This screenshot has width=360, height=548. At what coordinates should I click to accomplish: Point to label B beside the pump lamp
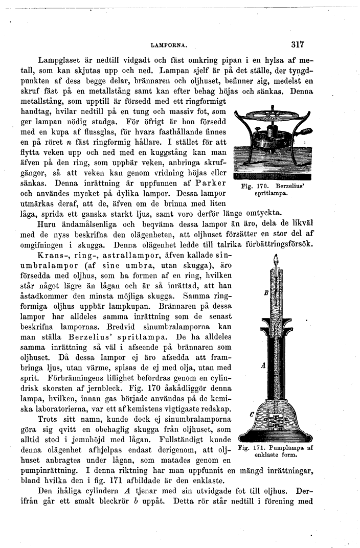click(265, 293)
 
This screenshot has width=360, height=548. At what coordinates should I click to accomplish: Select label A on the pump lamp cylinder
click(263, 366)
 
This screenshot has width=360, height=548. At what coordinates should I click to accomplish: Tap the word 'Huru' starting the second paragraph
click(48, 223)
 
